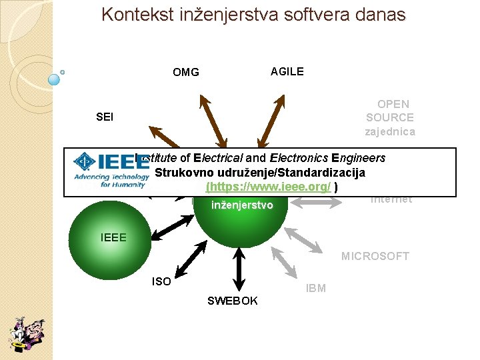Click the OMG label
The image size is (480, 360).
[185, 72]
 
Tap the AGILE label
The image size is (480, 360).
[287, 71]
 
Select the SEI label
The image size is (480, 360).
[105, 117]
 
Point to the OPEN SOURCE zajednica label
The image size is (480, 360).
[390, 117]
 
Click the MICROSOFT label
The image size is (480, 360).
[375, 256]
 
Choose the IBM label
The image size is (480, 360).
[315, 288]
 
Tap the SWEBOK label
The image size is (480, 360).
[232, 301]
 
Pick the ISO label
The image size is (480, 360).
[161, 281]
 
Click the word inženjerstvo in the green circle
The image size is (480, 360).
[241, 205]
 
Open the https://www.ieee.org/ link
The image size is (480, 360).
[269, 187]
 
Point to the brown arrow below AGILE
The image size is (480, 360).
[274, 120]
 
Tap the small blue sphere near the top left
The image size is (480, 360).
[55, 79]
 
